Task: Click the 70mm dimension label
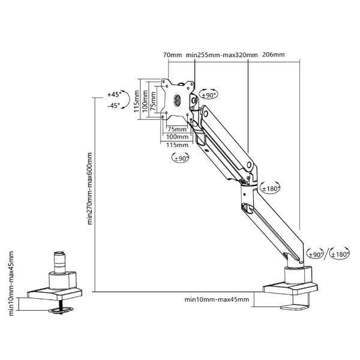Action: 172,55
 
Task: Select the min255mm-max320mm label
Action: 221,55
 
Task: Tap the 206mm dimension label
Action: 273,55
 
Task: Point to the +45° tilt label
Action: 114,94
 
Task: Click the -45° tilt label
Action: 113,106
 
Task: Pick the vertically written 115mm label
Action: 137,101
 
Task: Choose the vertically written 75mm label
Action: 154,101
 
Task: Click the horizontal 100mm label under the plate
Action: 177,137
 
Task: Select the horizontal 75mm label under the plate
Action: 177,129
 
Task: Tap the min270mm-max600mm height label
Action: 89,188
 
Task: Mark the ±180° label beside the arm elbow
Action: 271,189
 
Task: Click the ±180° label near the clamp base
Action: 340,254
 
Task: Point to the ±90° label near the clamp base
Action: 316,254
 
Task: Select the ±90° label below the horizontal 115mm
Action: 181,158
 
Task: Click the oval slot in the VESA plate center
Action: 178,100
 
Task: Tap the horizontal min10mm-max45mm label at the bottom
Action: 217,299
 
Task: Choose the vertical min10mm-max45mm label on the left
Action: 11,284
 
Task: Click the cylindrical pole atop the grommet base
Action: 59,263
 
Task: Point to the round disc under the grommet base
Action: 61,310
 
